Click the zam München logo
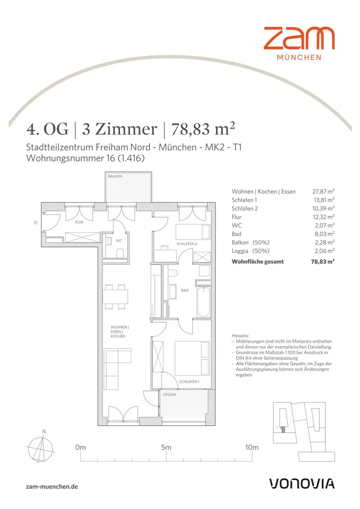point(299,43)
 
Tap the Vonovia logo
point(302,484)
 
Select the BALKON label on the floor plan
point(115,176)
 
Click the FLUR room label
point(79,222)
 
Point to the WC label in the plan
point(119,241)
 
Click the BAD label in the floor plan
point(185,290)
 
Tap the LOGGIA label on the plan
point(170,394)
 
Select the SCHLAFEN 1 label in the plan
point(189,382)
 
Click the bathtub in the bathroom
point(204,301)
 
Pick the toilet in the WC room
point(120,253)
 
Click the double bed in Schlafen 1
point(192,358)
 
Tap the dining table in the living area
point(116,297)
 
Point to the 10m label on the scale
point(252,447)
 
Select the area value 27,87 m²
point(323,191)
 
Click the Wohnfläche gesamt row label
point(258,262)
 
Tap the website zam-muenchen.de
point(52,487)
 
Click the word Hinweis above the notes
point(240,336)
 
